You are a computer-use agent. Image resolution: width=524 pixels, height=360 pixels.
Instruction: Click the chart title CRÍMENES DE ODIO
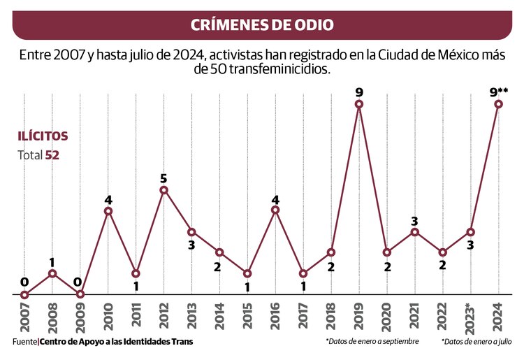262,25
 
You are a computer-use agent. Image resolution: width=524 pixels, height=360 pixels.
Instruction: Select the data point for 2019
359,104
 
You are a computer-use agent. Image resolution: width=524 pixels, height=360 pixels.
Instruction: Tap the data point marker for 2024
499,104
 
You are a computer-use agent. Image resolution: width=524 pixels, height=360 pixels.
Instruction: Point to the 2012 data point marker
163,189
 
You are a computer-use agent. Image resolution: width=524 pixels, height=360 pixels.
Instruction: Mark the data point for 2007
24,294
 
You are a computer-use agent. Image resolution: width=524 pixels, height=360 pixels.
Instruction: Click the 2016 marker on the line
275,210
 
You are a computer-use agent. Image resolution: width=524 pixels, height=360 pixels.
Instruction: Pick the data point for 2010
108,210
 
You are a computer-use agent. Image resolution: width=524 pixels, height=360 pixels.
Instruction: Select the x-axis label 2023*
471,318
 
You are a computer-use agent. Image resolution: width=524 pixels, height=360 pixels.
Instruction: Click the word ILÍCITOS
43,136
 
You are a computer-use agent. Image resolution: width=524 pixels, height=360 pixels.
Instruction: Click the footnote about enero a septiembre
372,342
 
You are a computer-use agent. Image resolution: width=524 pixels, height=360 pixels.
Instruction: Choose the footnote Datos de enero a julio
481,342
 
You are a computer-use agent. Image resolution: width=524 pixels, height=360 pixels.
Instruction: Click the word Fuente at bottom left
25,342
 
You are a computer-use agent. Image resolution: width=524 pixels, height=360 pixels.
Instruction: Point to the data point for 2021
415,231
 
